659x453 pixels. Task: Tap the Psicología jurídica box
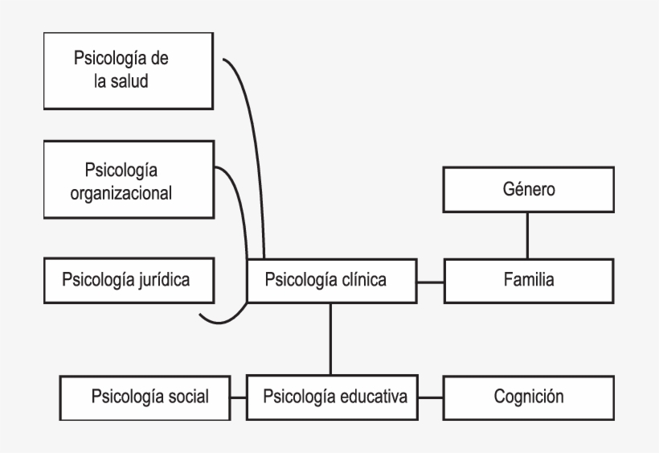(x=129, y=280)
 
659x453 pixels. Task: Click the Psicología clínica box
(x=331, y=280)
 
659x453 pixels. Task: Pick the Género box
(x=527, y=191)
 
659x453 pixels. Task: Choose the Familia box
(x=527, y=280)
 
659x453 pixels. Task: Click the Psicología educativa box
(x=331, y=397)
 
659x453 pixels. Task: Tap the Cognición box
(x=529, y=397)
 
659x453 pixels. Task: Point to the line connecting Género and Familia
(x=527, y=236)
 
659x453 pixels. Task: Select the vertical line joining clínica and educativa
(x=330, y=338)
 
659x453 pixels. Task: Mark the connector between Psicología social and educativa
(x=237, y=397)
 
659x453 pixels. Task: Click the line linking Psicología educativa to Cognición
(x=430, y=397)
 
